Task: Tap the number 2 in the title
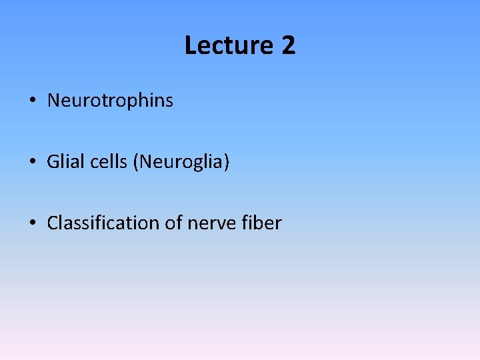[x=288, y=46]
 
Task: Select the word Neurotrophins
[x=110, y=101]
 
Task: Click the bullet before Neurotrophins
[x=32, y=101]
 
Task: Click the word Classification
[x=103, y=223]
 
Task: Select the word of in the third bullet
[x=173, y=223]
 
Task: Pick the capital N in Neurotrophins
[x=53, y=101]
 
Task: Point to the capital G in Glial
[x=53, y=162]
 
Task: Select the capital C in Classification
[x=53, y=223]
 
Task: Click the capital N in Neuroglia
[x=145, y=162]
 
